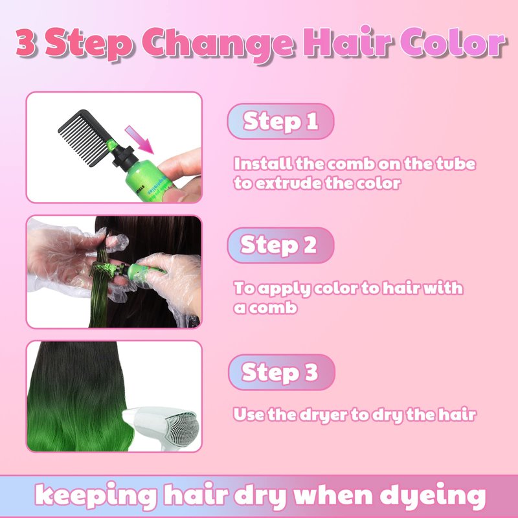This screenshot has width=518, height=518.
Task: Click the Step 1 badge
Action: click(x=280, y=121)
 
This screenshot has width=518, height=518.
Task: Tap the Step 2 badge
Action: click(x=280, y=245)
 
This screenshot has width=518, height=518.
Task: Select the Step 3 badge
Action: click(x=282, y=372)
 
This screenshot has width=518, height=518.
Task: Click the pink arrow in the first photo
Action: click(x=139, y=139)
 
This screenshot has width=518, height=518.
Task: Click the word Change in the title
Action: click(x=218, y=44)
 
